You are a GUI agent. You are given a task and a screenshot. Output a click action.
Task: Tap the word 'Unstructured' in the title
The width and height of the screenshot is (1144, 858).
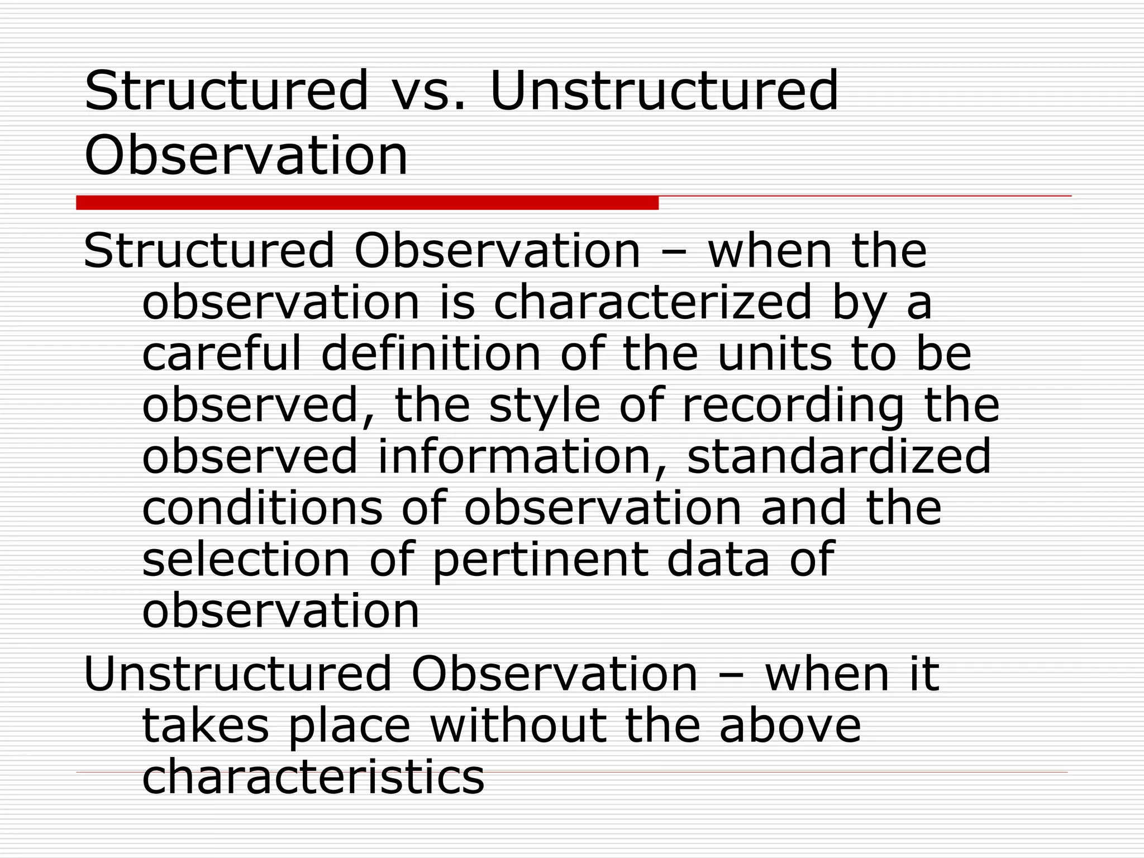click(664, 91)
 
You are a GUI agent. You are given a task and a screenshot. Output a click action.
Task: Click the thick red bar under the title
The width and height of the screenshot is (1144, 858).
click(367, 203)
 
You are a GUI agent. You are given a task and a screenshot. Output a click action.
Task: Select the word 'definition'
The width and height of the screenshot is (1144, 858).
click(431, 354)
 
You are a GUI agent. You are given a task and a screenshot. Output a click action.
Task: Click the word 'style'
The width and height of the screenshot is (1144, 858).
click(544, 405)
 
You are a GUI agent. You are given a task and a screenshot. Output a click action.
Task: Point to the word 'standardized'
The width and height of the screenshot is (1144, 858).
click(838, 456)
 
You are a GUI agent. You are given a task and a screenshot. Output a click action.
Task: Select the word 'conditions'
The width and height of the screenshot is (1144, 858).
click(263, 507)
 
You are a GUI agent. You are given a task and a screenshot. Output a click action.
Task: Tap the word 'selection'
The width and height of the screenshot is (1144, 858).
click(246, 559)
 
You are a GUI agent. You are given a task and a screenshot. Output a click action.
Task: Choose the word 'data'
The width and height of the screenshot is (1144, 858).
click(718, 559)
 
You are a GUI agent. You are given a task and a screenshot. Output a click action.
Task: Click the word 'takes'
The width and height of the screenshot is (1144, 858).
click(206, 726)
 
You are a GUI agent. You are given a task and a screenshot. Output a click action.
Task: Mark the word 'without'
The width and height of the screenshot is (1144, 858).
click(518, 726)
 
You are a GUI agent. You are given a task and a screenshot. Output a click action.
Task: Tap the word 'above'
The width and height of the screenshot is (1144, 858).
click(790, 726)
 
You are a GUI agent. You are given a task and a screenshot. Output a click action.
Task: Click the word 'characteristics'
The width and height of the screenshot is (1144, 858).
click(313, 776)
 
